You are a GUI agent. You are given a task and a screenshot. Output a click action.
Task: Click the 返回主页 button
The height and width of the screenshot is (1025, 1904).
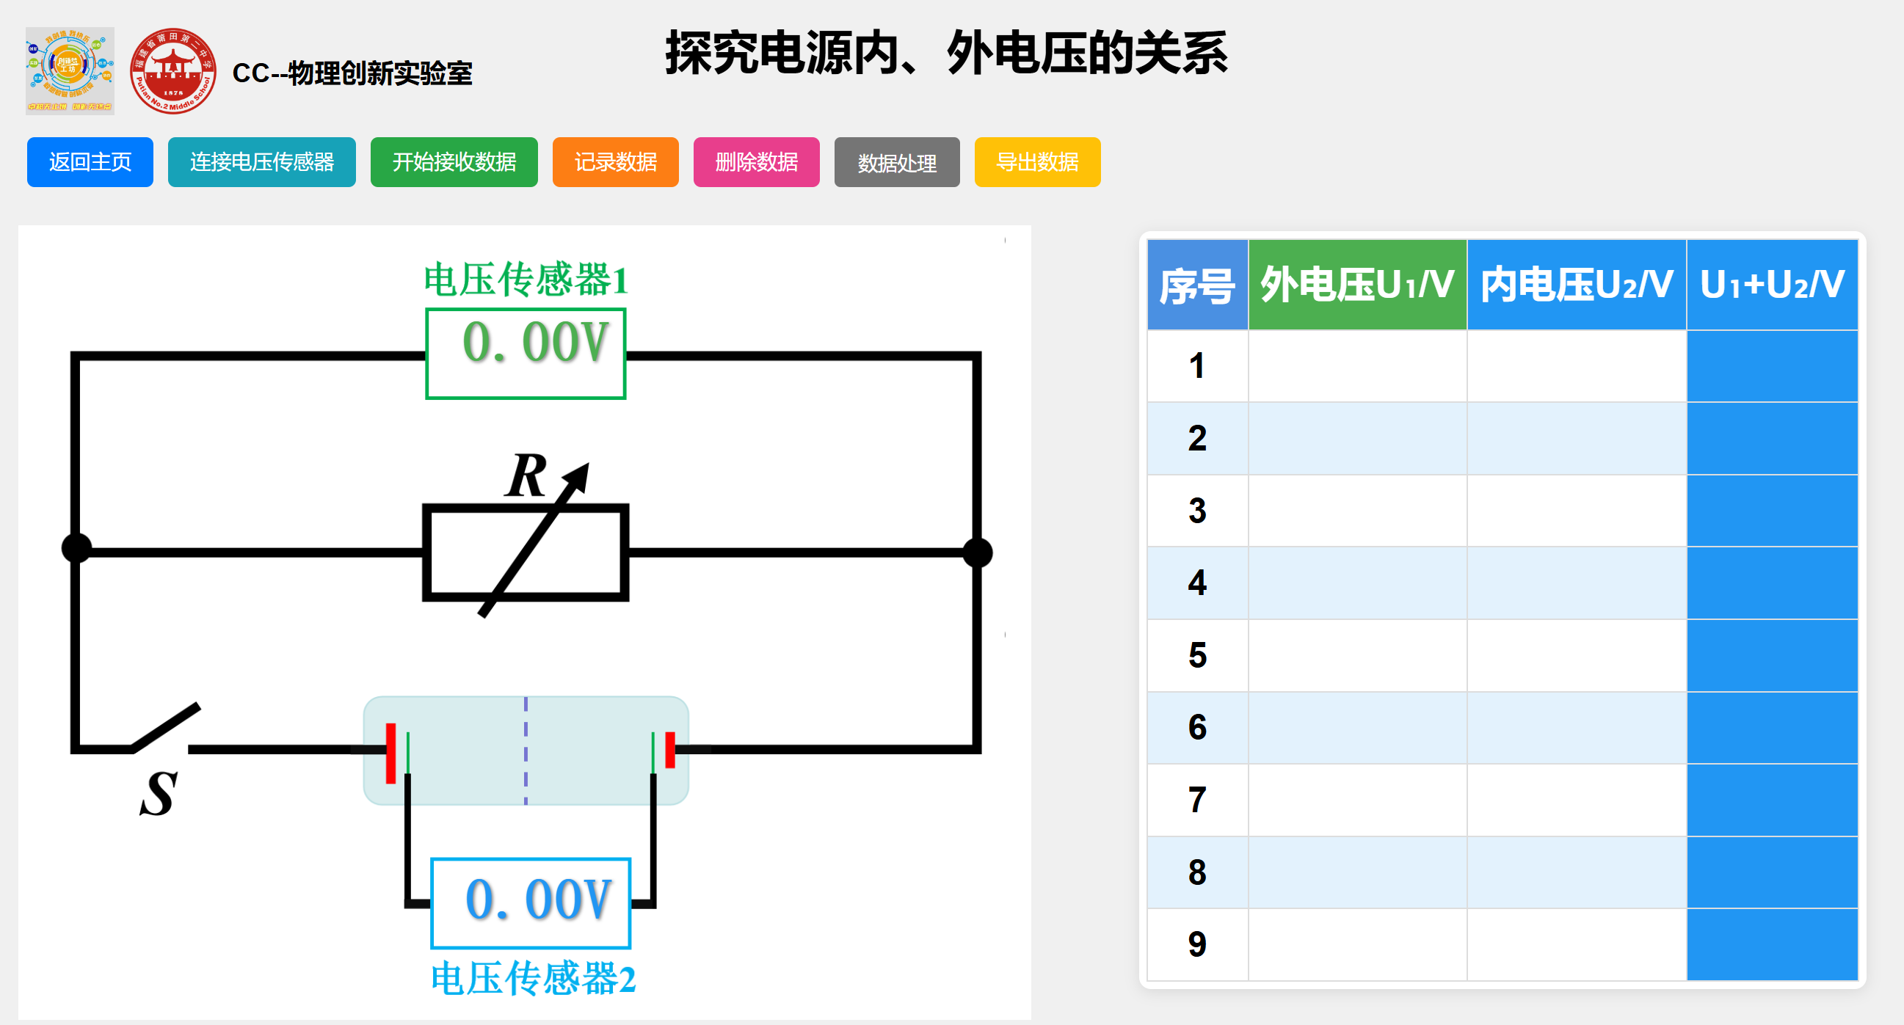point(90,162)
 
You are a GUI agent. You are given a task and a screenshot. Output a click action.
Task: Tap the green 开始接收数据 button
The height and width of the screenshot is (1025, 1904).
point(454,162)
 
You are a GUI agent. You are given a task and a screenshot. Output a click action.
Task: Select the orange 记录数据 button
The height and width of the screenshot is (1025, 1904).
point(615,162)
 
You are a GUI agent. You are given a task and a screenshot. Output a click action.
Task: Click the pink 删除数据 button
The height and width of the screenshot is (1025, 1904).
point(756,162)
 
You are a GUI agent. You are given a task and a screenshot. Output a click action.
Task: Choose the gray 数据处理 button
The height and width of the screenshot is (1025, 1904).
point(896,162)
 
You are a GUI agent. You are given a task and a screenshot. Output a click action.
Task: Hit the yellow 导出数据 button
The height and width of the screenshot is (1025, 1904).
point(1037,162)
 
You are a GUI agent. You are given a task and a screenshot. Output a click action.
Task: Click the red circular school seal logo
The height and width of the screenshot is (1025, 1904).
point(173,71)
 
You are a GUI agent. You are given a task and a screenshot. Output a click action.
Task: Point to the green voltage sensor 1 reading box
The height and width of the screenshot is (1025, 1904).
point(526,353)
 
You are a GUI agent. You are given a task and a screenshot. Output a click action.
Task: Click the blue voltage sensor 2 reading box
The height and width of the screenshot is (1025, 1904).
point(531,902)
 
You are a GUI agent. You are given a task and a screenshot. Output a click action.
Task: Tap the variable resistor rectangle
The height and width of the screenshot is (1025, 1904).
point(526,552)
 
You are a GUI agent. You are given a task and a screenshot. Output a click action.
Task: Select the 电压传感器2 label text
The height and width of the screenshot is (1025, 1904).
point(532,979)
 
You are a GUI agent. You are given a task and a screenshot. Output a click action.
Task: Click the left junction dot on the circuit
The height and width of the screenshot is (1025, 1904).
point(76,548)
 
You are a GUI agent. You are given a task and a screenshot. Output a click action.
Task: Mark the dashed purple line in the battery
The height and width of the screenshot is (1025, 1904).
point(526,750)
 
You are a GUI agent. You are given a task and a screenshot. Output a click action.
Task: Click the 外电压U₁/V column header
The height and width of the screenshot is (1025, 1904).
point(1357,285)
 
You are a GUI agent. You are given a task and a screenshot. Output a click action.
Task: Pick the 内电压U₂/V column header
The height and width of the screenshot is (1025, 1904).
point(1576,285)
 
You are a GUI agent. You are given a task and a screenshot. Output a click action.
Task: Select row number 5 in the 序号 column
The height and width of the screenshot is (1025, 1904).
point(1196,655)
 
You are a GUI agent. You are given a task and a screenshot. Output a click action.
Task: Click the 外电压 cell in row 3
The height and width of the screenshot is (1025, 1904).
point(1357,511)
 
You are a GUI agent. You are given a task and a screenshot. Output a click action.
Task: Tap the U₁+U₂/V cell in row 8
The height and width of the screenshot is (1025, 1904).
point(1772,872)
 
